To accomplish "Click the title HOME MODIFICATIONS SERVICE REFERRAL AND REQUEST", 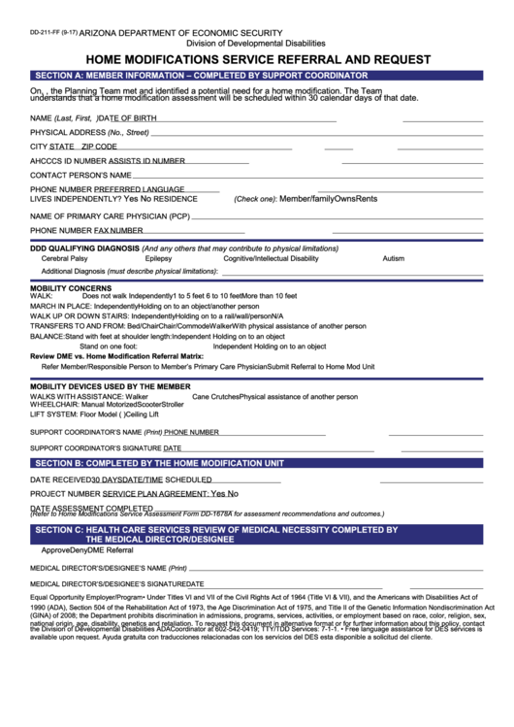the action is [256, 59].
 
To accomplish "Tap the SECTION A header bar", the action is [256, 75].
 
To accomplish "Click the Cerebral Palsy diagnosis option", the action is [64, 259].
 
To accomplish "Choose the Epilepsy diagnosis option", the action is [158, 259].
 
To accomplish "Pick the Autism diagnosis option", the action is [393, 259].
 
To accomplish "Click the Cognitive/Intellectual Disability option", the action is [271, 259].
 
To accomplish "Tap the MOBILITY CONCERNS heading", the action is [71, 288].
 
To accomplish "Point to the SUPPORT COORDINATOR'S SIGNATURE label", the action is [96, 448].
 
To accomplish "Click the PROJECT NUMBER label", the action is [65, 494].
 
